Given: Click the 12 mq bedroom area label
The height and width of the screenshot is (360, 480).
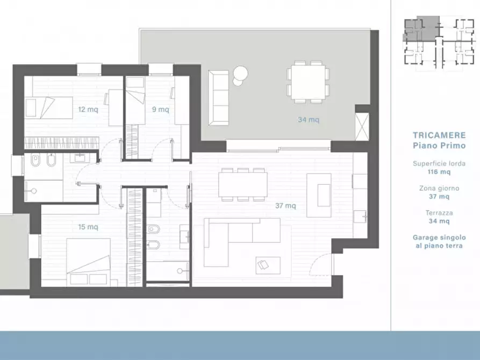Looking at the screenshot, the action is (88, 109).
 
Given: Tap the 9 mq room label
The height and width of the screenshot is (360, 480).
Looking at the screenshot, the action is (160, 109).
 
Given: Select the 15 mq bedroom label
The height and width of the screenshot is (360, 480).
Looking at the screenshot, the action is (88, 227).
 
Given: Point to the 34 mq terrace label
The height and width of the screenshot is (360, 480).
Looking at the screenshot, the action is (309, 119).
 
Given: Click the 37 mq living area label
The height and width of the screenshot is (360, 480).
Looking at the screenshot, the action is (285, 205).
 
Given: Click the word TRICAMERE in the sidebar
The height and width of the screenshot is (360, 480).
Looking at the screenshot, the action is (439, 135).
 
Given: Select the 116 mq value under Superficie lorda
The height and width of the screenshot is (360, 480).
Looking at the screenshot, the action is (439, 172).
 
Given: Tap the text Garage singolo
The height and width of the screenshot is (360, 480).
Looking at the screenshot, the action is (439, 237).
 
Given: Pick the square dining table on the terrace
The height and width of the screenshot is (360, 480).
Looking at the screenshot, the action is (308, 82).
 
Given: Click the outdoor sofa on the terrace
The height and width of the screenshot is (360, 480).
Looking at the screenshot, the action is (219, 98).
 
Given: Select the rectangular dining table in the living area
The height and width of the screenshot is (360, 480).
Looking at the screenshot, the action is (243, 184).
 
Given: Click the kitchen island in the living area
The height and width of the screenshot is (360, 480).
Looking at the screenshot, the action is (319, 195).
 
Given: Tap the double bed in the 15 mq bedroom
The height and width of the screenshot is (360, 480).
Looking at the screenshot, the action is (89, 261).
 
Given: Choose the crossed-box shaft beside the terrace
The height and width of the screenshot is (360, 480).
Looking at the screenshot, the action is (362, 127).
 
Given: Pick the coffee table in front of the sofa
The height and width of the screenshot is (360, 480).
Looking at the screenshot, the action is (268, 265).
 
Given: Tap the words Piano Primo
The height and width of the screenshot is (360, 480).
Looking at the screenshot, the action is (439, 145).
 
